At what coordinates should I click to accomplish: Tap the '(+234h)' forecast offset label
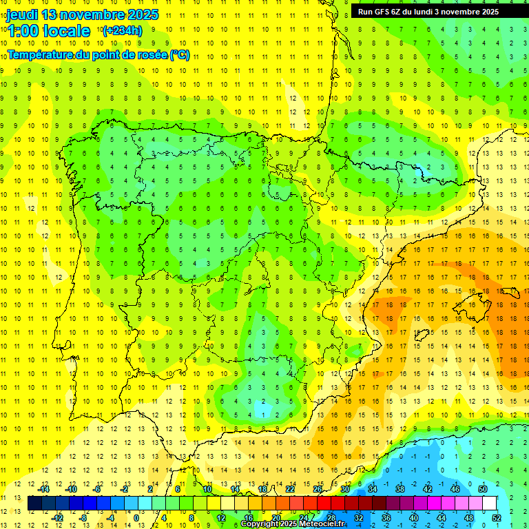click(122, 30)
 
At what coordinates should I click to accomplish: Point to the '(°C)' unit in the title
click(180, 55)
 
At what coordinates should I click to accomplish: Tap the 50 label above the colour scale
click(483, 489)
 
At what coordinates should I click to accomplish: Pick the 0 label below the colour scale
click(136, 518)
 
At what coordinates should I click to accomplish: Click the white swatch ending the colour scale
click(490, 504)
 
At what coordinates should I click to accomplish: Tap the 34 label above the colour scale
click(373, 489)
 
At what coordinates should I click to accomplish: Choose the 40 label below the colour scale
click(414, 518)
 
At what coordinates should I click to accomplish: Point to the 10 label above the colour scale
click(207, 489)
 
